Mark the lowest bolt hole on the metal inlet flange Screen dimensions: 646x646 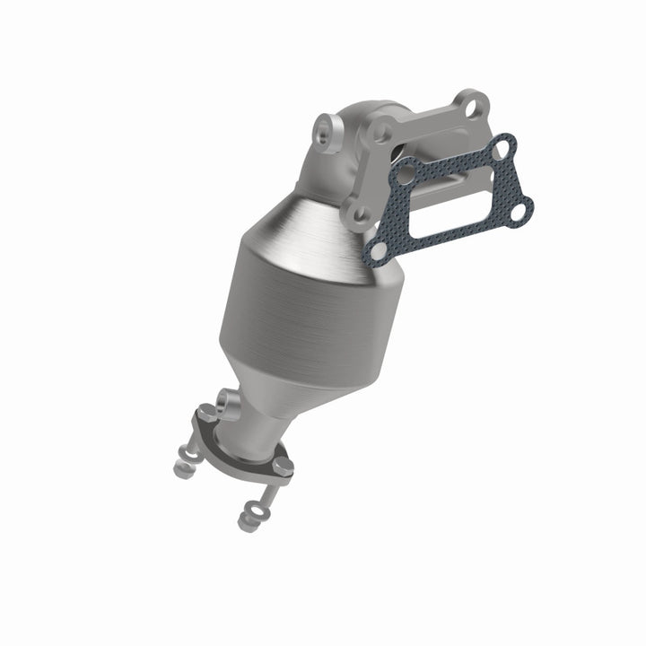(360, 214)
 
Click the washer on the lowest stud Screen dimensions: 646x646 (255, 508)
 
